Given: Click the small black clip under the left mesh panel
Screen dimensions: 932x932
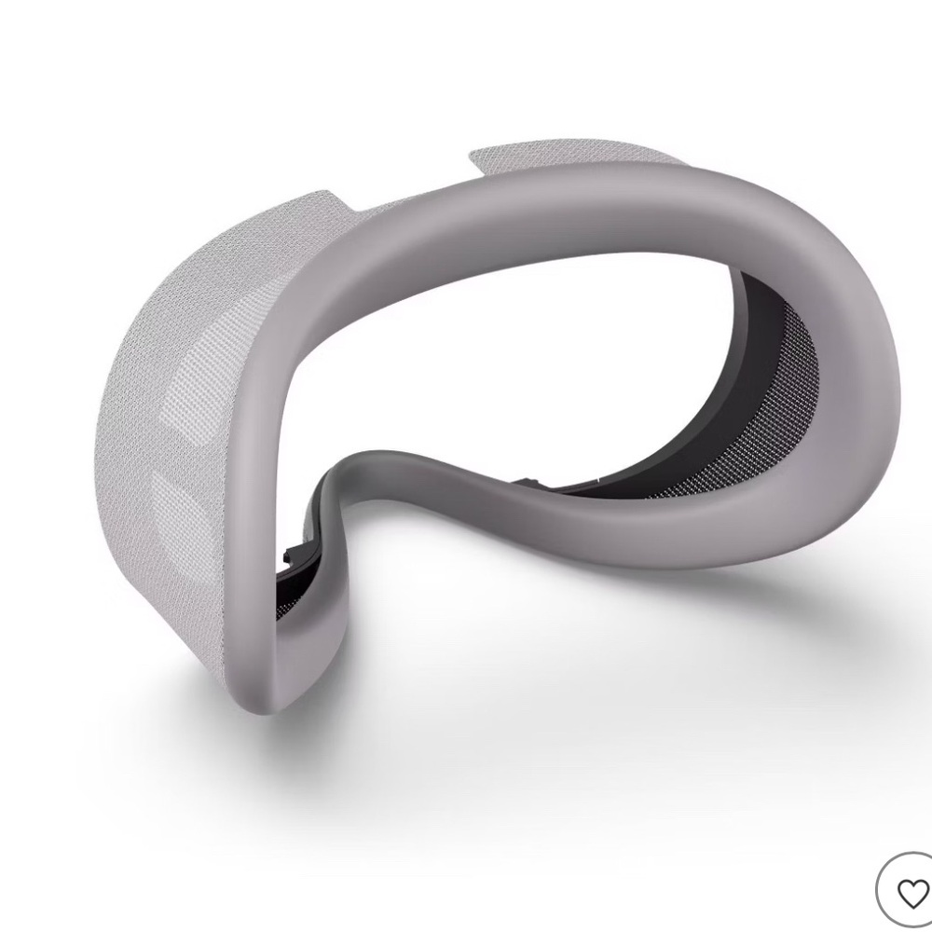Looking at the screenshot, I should [x=287, y=556].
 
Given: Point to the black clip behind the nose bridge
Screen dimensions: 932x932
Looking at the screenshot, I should [x=532, y=482].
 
